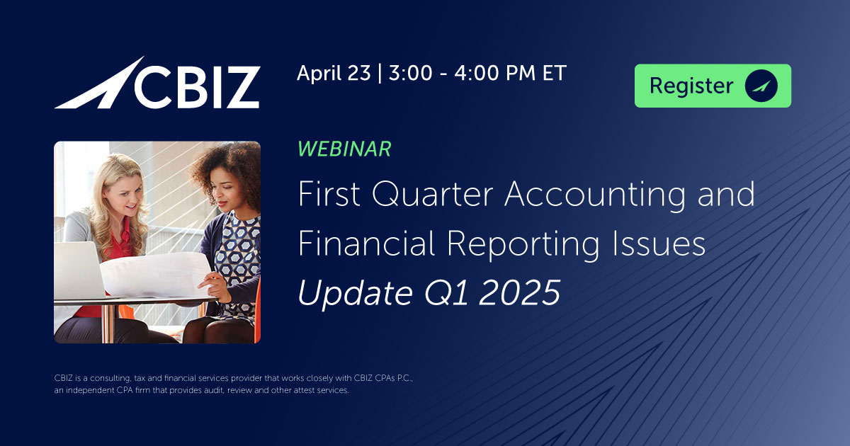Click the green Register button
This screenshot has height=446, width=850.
point(712,86)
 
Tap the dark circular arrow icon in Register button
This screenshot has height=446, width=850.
point(761,86)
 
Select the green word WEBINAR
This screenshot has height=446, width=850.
point(344,149)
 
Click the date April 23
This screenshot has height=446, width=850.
point(333,73)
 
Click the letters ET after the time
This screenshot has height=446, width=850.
point(553,73)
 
